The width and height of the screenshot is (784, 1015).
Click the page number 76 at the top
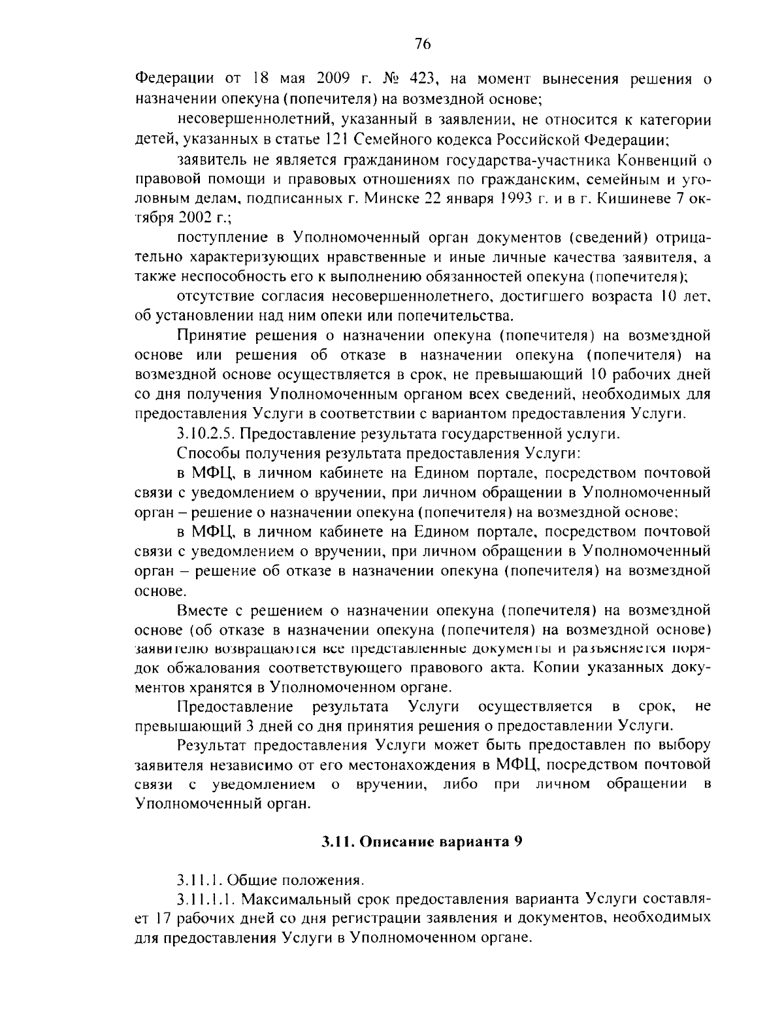coord(422,44)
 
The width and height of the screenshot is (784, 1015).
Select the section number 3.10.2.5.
coord(207,434)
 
